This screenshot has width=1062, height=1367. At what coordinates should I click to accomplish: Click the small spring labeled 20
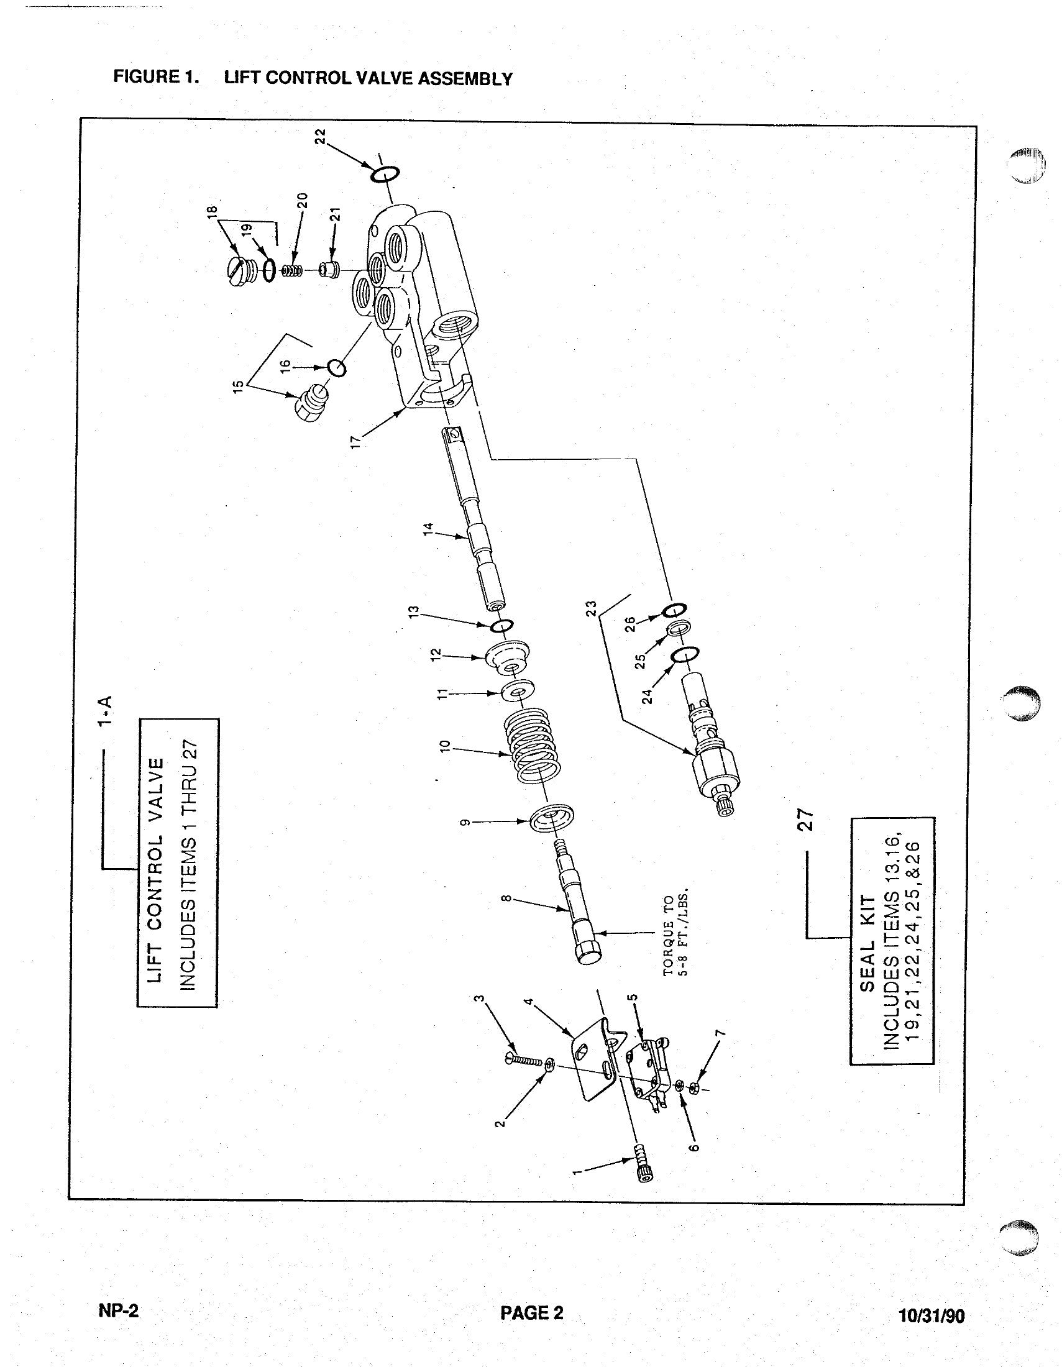(x=291, y=271)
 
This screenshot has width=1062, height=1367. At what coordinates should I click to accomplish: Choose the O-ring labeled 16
(x=337, y=368)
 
